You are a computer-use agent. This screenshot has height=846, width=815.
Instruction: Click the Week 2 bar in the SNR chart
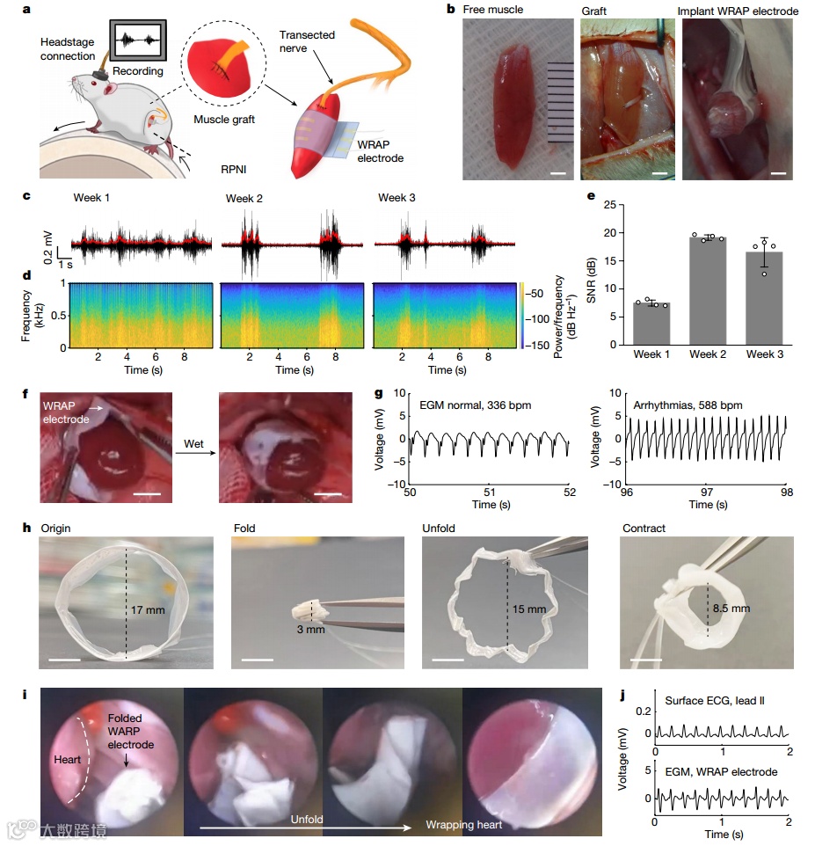[708, 289]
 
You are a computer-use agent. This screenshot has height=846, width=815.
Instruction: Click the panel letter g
[380, 396]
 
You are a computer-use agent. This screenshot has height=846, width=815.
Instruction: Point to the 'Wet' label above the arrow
[194, 444]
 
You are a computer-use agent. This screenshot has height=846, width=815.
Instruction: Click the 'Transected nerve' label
[307, 41]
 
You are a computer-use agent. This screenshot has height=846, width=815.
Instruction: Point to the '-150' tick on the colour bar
[543, 346]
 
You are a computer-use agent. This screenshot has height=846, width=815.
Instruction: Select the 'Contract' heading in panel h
[644, 529]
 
